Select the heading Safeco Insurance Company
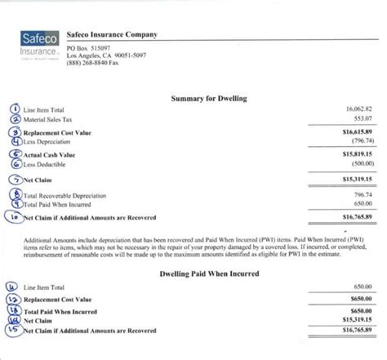point(112,34)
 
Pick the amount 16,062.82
point(358,109)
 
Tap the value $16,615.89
point(357,131)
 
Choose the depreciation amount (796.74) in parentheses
point(360,140)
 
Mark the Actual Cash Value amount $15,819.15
point(357,153)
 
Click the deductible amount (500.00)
point(360,162)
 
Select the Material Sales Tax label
point(52,120)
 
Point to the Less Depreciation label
point(49,142)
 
